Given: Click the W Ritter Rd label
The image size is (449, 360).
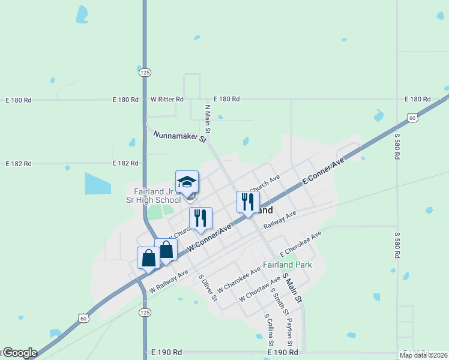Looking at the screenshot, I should pos(167,99).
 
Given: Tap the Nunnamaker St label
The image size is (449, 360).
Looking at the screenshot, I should pos(179,136).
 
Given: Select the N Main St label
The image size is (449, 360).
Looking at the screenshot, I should pos(208,119).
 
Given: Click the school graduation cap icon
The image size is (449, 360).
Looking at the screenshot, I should pos(187,182).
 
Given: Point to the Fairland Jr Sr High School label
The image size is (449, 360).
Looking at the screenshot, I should pos(157,196).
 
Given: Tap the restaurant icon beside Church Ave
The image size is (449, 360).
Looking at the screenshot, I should pos(248,202).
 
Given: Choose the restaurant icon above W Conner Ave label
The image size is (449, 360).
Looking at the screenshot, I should pos(200,218).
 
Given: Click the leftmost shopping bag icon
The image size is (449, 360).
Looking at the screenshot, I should pos(148,258).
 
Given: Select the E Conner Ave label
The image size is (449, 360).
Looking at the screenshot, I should pos(324,172).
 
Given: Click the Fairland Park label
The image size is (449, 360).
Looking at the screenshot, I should pos(287,265).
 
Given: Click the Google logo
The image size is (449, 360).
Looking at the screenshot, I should pos(19,353).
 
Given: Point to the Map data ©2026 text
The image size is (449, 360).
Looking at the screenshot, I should pos(424,355).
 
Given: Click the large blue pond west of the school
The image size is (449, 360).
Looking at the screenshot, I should pos(98,184).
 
